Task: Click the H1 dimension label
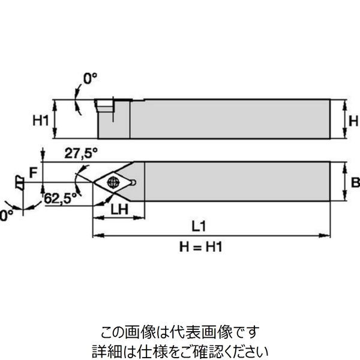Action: pyautogui.click(x=40, y=121)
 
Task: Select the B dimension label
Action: pyautogui.click(x=354, y=181)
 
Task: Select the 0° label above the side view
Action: pyautogui.click(x=90, y=78)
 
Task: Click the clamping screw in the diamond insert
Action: pyautogui.click(x=112, y=182)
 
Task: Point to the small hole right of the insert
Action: pyautogui.click(x=134, y=182)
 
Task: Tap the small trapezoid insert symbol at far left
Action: pyautogui.click(x=19, y=181)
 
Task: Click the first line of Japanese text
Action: pyautogui.click(x=180, y=331)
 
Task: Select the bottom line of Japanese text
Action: pyautogui.click(x=180, y=349)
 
